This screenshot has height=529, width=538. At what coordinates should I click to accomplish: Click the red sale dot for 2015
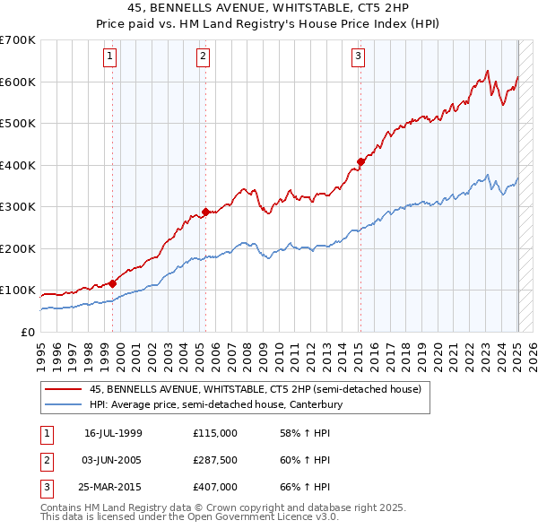(360, 162)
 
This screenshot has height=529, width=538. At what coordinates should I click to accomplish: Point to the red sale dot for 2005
(205, 212)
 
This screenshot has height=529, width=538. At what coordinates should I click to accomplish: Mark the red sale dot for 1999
(113, 284)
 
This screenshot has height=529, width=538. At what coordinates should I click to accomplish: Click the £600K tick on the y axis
(18, 82)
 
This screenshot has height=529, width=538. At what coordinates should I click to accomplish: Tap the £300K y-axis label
(18, 207)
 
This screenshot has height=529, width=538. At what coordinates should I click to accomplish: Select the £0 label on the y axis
(27, 332)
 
